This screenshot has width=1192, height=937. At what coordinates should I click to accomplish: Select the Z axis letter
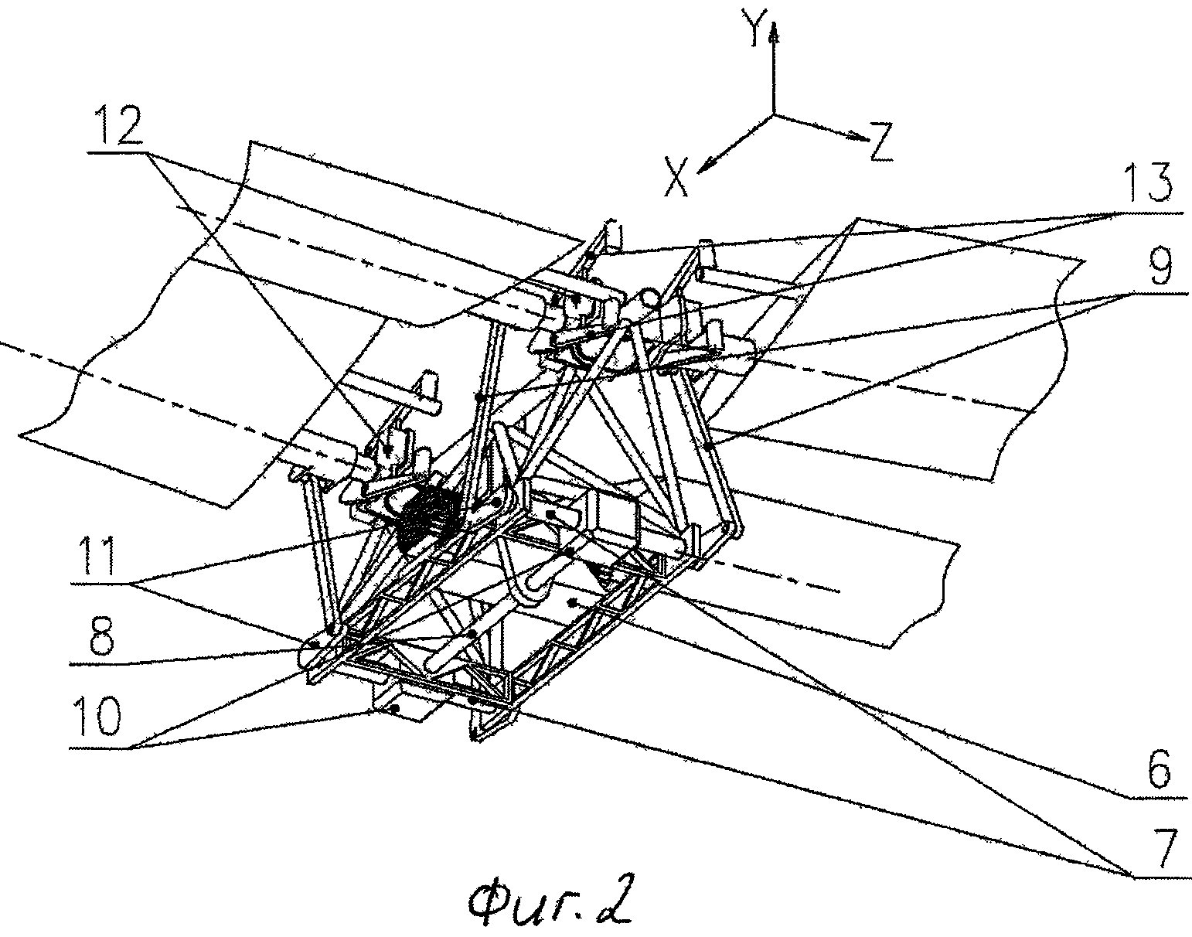880,141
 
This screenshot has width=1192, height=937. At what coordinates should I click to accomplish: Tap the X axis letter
677,175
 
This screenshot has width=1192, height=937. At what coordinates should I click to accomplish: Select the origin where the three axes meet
774,115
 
